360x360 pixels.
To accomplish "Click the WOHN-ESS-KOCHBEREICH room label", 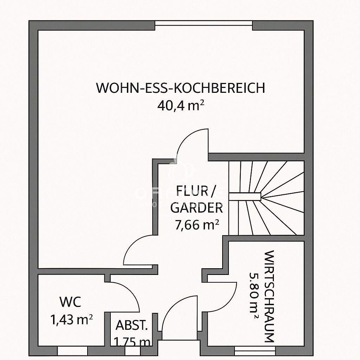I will tap(180, 88).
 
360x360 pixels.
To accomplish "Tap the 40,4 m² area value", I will tap(181, 105).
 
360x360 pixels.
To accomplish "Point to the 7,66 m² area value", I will tap(197, 224).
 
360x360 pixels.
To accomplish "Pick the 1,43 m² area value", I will tap(72, 320).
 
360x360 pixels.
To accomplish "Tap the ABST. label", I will tap(131, 325).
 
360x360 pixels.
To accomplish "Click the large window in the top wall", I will tap(204, 23).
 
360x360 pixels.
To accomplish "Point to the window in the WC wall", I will tap(72, 351).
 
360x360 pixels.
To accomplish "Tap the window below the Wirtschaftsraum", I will tap(255, 351).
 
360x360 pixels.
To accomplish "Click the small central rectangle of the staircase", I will tap(245, 197).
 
